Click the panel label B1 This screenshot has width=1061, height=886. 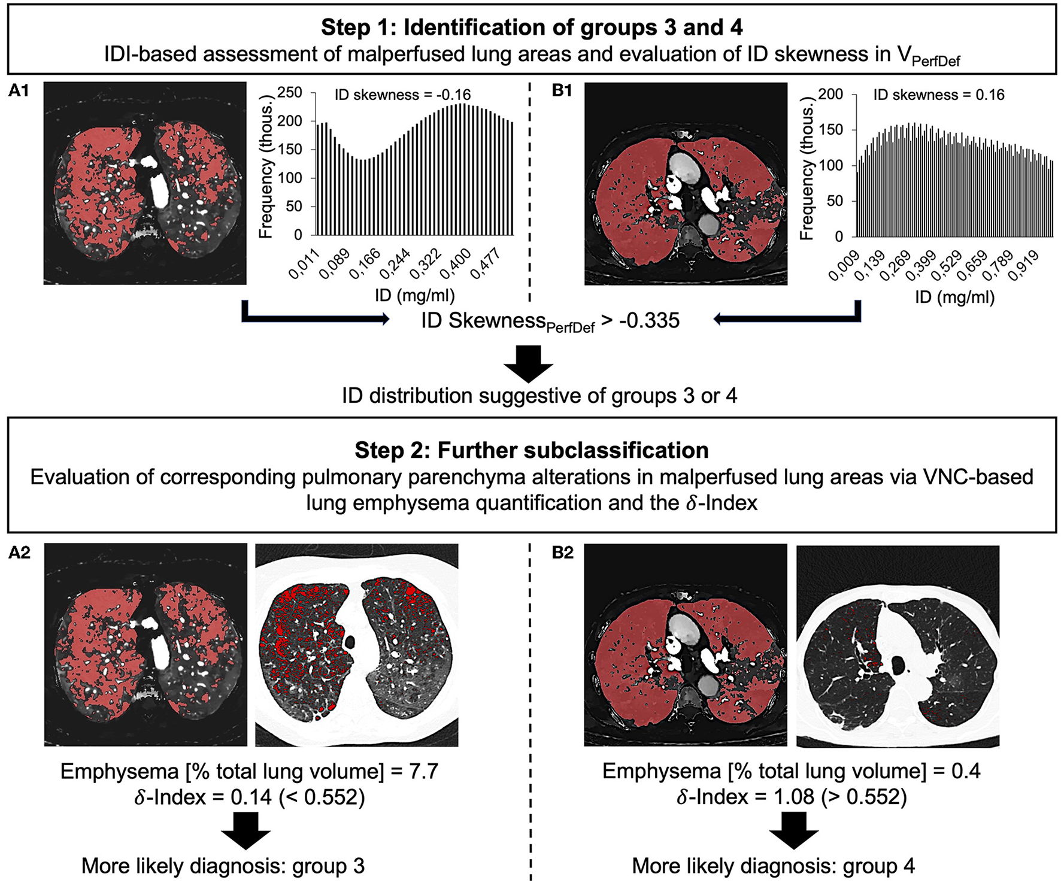(x=562, y=91)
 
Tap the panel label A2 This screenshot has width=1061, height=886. (x=19, y=553)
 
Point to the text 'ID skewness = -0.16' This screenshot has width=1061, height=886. (x=402, y=95)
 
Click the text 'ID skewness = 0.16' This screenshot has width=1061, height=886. (x=938, y=95)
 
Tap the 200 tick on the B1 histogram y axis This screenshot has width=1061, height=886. (x=830, y=95)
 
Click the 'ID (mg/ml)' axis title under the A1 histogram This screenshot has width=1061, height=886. (x=414, y=295)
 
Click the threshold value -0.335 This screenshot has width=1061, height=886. (x=649, y=321)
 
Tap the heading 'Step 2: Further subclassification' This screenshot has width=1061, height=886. (x=531, y=450)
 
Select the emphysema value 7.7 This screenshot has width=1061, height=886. (x=423, y=771)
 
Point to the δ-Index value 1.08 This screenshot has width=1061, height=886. (x=794, y=797)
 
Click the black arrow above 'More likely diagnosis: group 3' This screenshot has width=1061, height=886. (x=246, y=830)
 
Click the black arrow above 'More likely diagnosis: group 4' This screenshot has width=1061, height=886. (x=794, y=830)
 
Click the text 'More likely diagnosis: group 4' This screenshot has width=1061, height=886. (x=773, y=866)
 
